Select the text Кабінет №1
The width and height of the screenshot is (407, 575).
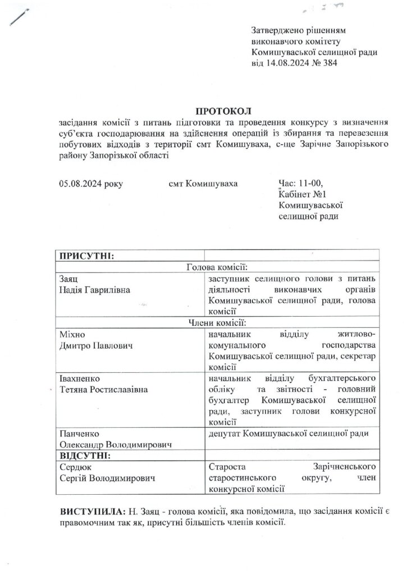(303, 194)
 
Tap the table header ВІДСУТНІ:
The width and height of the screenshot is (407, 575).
(85, 455)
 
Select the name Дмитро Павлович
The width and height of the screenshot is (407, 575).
(96, 345)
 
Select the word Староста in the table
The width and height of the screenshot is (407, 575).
(226, 466)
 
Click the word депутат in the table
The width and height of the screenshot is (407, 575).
(226, 433)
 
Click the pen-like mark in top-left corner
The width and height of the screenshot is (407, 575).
(19, 16)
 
